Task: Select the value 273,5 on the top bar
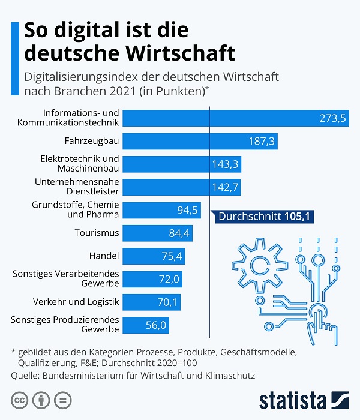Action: [333, 118]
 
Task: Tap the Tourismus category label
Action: [97, 233]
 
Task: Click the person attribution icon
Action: [41, 400]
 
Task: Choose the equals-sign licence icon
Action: [62, 400]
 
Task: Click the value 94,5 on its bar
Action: [187, 210]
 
